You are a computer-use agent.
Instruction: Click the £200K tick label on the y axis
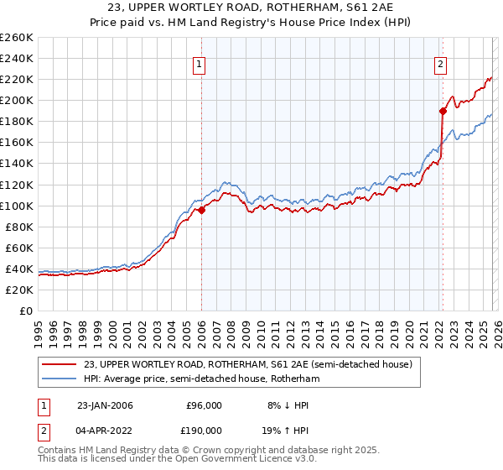pos(17,100)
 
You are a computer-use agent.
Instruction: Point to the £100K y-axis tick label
pos(17,206)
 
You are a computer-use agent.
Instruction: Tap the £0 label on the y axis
pos(27,311)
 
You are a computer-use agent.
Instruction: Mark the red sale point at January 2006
pos(201,210)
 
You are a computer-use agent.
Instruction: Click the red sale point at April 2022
pos(442,110)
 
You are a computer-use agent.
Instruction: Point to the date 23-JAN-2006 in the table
pos(105,405)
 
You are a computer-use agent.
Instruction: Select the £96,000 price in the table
pos(201,405)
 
